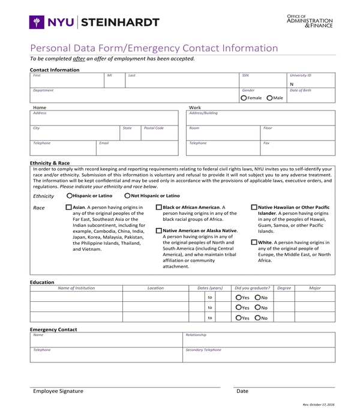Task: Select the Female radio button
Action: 244,98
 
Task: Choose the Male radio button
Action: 269,98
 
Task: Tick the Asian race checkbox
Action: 68,208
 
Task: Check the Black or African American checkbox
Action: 158,208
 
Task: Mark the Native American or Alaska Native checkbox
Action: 158,230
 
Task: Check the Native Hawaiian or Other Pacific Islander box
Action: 254,208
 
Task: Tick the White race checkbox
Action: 254,242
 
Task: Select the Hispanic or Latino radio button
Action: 70,196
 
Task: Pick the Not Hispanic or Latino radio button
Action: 127,196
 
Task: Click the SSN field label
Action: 245,76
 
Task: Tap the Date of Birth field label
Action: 300,90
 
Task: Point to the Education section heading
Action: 42,282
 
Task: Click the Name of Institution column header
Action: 76,288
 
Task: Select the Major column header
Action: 314,288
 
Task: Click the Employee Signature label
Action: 58,391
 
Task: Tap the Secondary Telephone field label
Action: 203,350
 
